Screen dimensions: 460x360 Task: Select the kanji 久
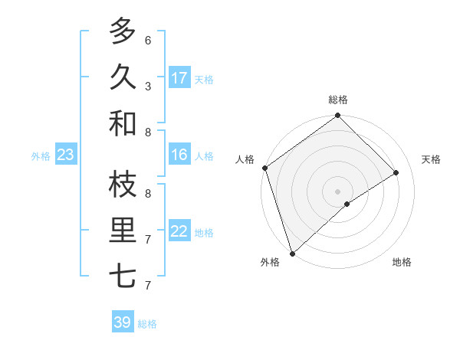click(123, 77)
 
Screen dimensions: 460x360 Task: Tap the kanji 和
click(123, 123)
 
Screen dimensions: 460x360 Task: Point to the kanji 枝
click(123, 184)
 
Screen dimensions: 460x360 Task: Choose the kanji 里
click(123, 231)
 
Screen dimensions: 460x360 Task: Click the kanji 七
click(123, 277)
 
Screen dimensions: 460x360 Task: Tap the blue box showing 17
click(179, 78)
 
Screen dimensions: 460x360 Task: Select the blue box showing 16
click(179, 155)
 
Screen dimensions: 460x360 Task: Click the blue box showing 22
click(179, 232)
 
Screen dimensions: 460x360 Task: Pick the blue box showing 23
click(66, 155)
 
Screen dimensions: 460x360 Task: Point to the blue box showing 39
click(123, 322)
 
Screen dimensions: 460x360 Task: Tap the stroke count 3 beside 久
click(148, 86)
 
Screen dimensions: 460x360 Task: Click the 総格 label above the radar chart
click(338, 100)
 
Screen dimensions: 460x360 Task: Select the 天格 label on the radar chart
click(432, 159)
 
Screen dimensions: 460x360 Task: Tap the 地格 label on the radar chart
click(402, 263)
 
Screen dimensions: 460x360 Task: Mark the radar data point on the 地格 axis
click(347, 204)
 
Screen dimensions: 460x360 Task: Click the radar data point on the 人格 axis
click(264, 168)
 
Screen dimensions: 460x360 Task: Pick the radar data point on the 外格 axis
click(292, 253)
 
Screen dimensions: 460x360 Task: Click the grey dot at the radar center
click(338, 191)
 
